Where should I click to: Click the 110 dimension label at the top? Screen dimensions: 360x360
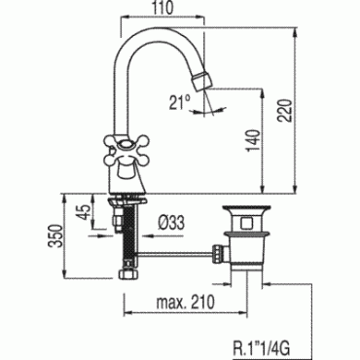[x=164, y=8]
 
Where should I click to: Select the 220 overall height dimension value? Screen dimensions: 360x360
[x=286, y=111]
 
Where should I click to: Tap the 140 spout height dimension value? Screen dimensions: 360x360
[x=253, y=140]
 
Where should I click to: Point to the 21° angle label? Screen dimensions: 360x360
[x=179, y=102]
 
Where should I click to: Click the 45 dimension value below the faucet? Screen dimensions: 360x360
[x=86, y=212]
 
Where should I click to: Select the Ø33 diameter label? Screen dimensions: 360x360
[x=171, y=223]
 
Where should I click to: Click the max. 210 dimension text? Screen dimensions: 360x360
[x=186, y=303]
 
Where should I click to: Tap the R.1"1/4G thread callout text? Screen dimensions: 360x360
[x=262, y=349]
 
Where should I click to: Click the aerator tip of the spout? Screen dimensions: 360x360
[x=201, y=81]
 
